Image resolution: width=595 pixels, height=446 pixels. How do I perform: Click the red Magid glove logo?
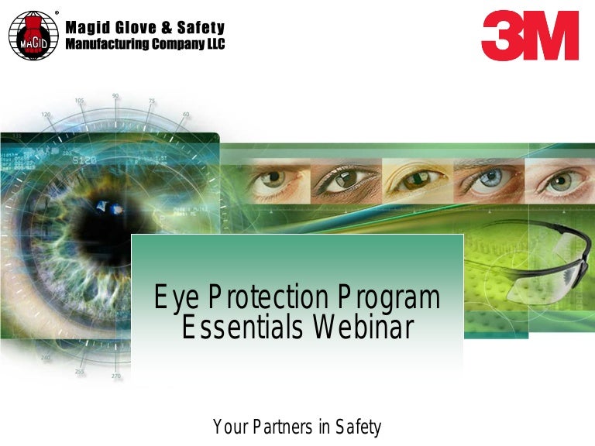coord(33,36)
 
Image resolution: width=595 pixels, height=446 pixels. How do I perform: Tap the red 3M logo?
coord(530,36)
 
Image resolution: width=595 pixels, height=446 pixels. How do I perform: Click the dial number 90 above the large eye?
coord(115,96)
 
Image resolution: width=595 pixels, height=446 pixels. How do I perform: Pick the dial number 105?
coord(79,101)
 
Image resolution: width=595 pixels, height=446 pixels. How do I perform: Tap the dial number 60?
coord(185,114)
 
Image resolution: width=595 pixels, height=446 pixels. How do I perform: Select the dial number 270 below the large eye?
coord(116,376)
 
